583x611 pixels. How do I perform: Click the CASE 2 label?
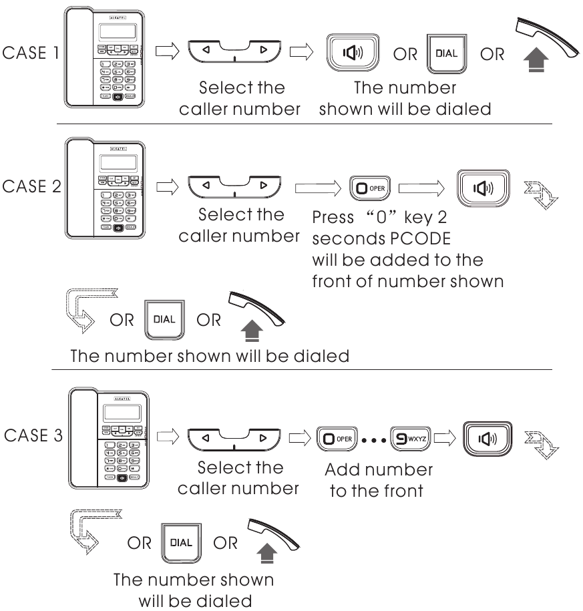[31, 186]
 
